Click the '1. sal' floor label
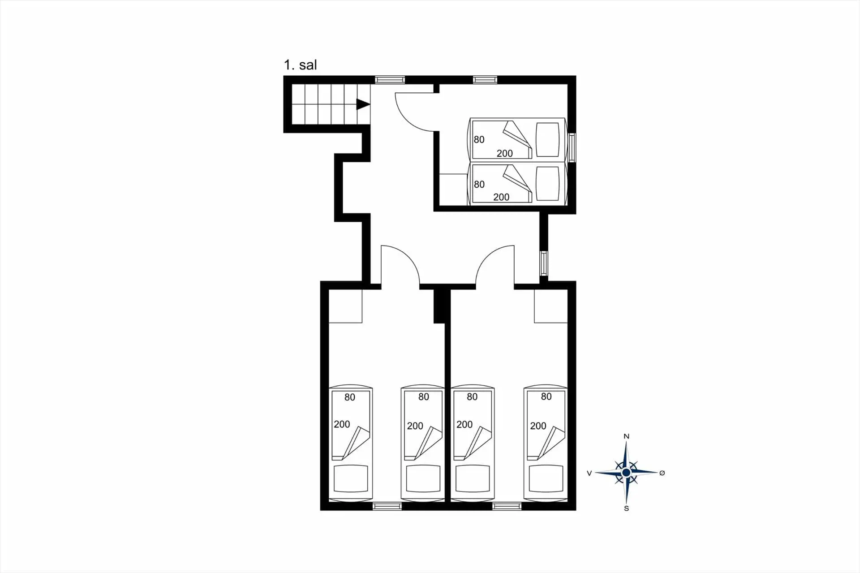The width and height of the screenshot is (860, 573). [300, 65]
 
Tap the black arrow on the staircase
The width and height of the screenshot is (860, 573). [363, 104]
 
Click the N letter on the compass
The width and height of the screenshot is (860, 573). [627, 436]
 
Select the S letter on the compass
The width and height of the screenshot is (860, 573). [627, 508]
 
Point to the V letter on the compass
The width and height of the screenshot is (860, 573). [589, 473]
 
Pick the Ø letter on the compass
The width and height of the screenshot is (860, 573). [662, 473]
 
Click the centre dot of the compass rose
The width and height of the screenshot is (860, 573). [626, 473]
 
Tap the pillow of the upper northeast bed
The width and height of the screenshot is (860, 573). [547, 139]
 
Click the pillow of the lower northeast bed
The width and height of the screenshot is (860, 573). [547, 184]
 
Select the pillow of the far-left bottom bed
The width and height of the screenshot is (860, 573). [351, 478]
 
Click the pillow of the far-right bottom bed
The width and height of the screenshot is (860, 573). [546, 478]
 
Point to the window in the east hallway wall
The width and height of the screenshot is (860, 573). [544, 263]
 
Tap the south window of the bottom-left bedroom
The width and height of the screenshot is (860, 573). [387, 506]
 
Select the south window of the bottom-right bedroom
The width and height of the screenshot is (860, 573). [507, 506]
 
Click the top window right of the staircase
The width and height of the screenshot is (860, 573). [390, 80]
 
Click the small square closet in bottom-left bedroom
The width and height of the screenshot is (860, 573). [345, 306]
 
